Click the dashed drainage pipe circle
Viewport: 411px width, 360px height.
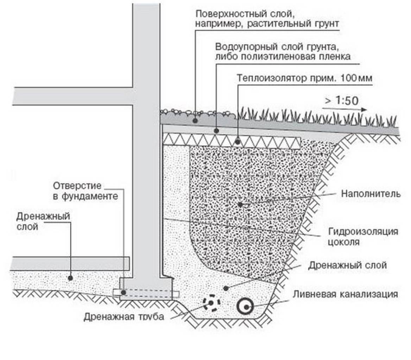[x=211, y=303]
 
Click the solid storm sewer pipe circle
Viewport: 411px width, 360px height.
[x=245, y=307]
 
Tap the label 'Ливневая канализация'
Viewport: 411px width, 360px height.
[x=345, y=294]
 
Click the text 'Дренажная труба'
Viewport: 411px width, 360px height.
[x=124, y=316]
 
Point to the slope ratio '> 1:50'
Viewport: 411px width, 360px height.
[x=341, y=101]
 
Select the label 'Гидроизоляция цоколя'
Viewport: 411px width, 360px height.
[x=363, y=237]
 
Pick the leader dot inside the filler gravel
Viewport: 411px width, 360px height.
[x=240, y=204]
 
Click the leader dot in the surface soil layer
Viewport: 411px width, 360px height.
[x=194, y=120]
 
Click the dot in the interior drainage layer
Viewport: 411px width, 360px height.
[x=70, y=278]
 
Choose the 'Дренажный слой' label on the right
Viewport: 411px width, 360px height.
[x=347, y=265]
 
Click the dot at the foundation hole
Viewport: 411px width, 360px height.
[x=123, y=292]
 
